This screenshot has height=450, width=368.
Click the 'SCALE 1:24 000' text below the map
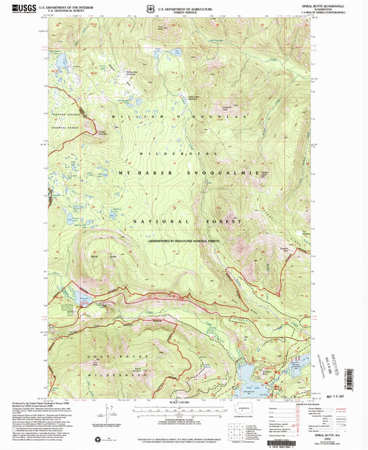point(184,401)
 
